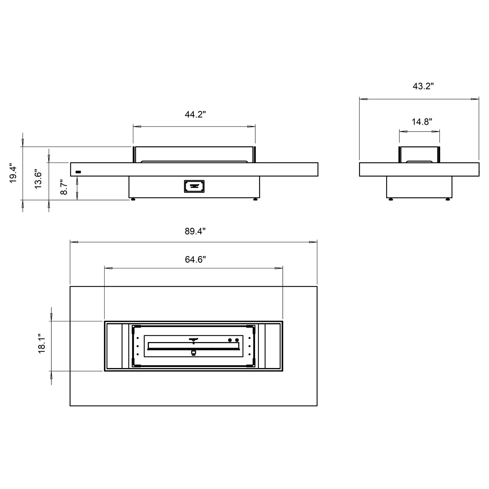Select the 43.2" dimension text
coord(423,86)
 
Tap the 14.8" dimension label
coord(422,122)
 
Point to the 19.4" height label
coord(13,175)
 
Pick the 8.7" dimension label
coord(64,187)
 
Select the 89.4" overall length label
coord(195,231)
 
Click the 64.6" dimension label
coord(195,259)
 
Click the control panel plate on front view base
coord(194,186)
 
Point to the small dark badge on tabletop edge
coord(78,172)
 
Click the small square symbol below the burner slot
coord(194,352)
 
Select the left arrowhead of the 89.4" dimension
coord(74,242)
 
